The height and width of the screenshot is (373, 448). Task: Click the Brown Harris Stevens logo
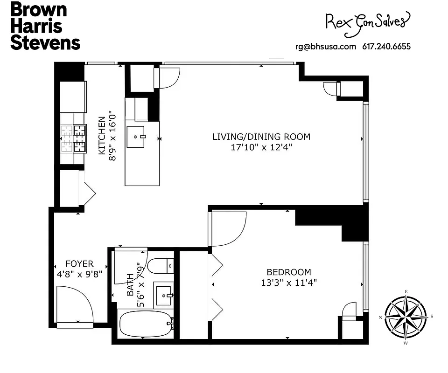[45, 26]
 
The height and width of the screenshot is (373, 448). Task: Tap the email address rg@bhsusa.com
[326, 46]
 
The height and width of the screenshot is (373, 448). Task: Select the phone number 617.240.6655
[386, 46]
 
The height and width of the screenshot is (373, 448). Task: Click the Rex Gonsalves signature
[367, 21]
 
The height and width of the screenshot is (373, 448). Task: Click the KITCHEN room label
[101, 136]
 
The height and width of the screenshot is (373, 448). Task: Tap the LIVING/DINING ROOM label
[261, 137]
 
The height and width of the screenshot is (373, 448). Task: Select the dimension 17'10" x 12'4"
[261, 147]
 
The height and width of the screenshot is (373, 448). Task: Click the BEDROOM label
[288, 272]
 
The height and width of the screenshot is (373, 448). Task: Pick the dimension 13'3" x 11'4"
[288, 283]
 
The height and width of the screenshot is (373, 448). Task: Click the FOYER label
[79, 264]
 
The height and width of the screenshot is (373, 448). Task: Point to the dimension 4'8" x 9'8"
[79, 274]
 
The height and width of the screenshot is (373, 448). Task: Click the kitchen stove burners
[73, 138]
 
